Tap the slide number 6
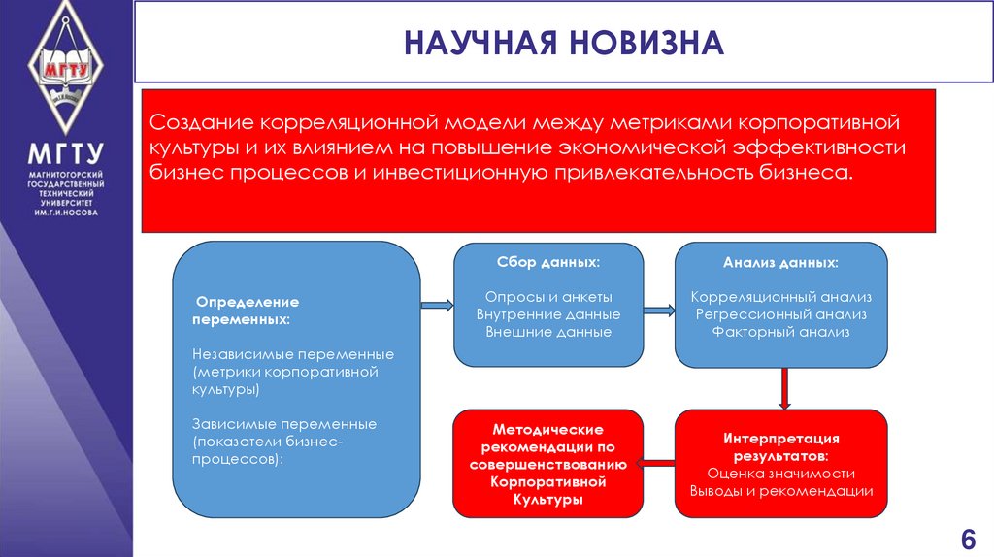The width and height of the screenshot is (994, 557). (967, 540)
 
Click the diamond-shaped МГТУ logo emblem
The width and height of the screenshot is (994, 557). (66, 69)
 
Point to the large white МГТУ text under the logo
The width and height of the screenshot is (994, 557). (66, 155)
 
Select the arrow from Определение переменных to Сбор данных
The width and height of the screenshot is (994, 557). (437, 306)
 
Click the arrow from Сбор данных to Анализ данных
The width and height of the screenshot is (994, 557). (659, 311)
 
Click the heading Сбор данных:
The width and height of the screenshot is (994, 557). (548, 263)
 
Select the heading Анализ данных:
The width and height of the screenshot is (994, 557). (781, 263)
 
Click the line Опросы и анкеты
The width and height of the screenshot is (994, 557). (548, 297)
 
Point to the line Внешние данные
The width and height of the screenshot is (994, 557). (548, 332)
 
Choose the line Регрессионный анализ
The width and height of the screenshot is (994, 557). (781, 314)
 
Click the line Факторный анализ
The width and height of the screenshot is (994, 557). (781, 332)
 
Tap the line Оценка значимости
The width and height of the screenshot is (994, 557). (781, 474)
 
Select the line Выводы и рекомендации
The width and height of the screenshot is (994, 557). (781, 491)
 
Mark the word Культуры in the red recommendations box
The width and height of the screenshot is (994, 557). (548, 500)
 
